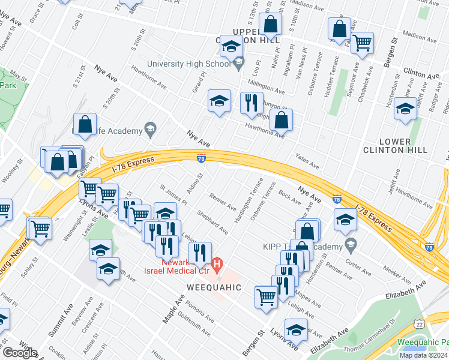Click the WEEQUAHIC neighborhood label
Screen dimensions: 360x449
coord(213,287)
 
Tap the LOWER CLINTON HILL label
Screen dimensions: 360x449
coord(395,146)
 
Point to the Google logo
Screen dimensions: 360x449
coord(19,353)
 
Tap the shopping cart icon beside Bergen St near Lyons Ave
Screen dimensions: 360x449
coord(266,296)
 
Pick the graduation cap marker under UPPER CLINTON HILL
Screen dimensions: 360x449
coord(230,46)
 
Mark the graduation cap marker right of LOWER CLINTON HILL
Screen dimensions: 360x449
coord(405,110)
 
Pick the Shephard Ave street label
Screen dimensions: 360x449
coord(215,223)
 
